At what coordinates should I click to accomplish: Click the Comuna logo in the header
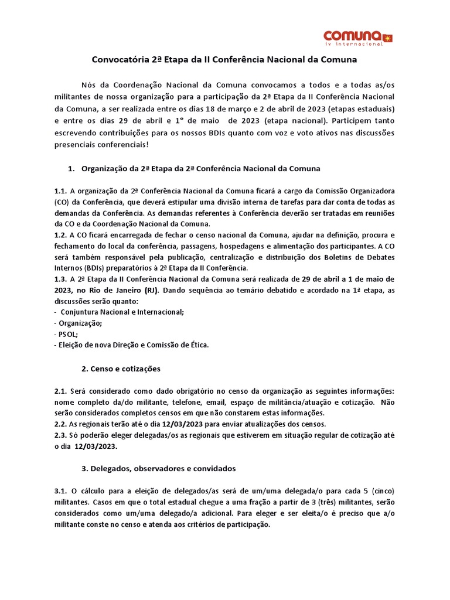pyautogui.click(x=358, y=37)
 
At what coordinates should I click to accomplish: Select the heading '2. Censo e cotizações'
pyautogui.click(x=121, y=369)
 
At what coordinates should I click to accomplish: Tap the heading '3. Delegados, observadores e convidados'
pyautogui.click(x=158, y=469)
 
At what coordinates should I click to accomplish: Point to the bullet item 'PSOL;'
pyautogui.click(x=70, y=334)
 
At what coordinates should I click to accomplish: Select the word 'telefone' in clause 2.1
pyautogui.click(x=173, y=403)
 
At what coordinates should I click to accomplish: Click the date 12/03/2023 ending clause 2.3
pyautogui.click(x=97, y=446)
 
